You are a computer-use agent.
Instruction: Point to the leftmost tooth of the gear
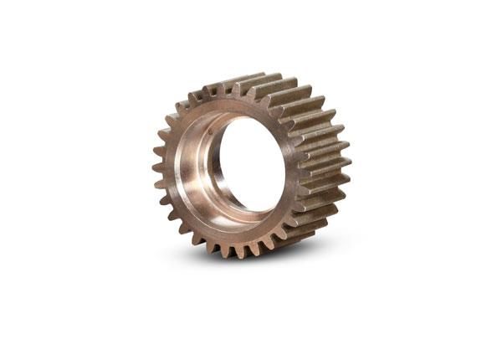156,167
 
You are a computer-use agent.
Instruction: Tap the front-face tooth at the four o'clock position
289,230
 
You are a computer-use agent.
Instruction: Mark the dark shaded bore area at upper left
205,126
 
